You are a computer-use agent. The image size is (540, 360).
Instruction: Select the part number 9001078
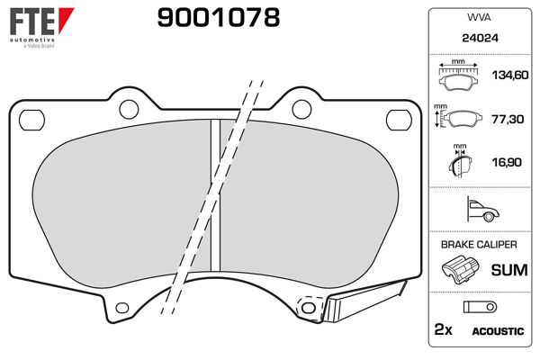click(218, 17)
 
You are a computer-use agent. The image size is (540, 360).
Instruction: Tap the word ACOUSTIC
click(497, 331)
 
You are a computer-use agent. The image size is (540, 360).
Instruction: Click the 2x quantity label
click(442, 330)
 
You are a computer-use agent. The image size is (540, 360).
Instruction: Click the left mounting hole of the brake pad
click(35, 117)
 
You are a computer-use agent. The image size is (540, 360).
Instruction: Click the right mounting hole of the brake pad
click(396, 117)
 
